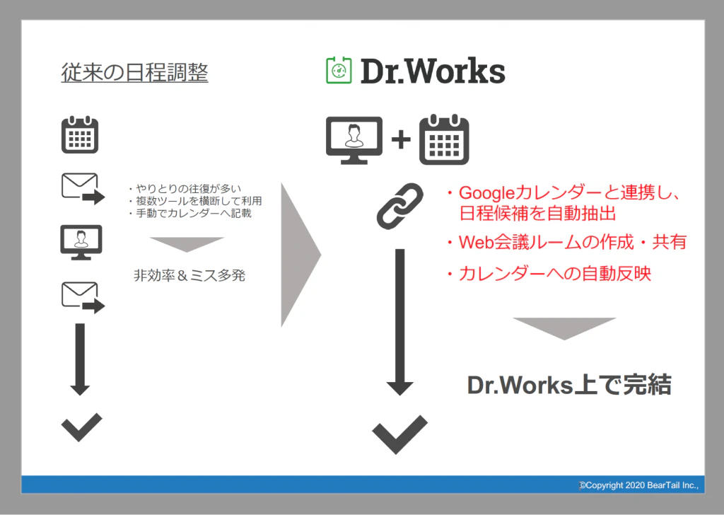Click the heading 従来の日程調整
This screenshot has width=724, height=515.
click(x=134, y=73)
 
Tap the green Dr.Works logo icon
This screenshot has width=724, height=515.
click(x=339, y=70)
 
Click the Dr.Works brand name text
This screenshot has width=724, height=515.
click(x=433, y=71)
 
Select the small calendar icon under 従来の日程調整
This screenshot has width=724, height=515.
click(x=80, y=134)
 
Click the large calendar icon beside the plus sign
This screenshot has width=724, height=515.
click(x=444, y=139)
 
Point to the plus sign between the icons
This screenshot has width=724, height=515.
click(x=401, y=139)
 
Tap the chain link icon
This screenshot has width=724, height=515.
click(x=400, y=206)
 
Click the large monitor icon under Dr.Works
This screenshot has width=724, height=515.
click(x=354, y=140)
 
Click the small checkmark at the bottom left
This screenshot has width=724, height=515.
click(x=82, y=427)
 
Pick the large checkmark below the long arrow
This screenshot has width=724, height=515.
click(x=400, y=434)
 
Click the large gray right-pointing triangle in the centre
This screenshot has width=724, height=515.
click(x=300, y=255)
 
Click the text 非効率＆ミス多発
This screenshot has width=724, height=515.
click(x=189, y=276)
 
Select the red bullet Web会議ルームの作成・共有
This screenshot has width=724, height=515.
click(x=566, y=242)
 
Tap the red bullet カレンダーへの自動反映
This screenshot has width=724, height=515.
click(x=549, y=274)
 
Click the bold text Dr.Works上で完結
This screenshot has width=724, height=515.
click(x=569, y=386)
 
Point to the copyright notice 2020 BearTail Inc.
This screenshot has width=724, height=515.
click(x=639, y=485)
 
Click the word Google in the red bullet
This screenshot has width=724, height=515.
click(x=486, y=193)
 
